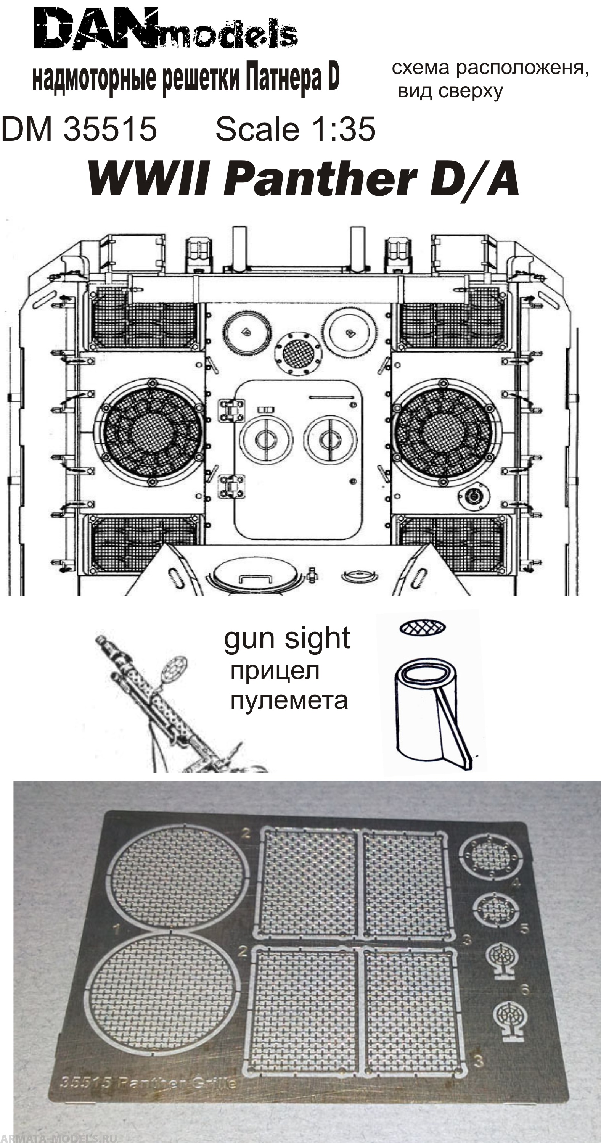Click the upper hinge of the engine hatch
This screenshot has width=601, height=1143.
231,411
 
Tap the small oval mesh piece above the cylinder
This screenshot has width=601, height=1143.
422,628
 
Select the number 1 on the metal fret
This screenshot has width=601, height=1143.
117,928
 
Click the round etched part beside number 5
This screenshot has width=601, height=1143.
495,909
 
